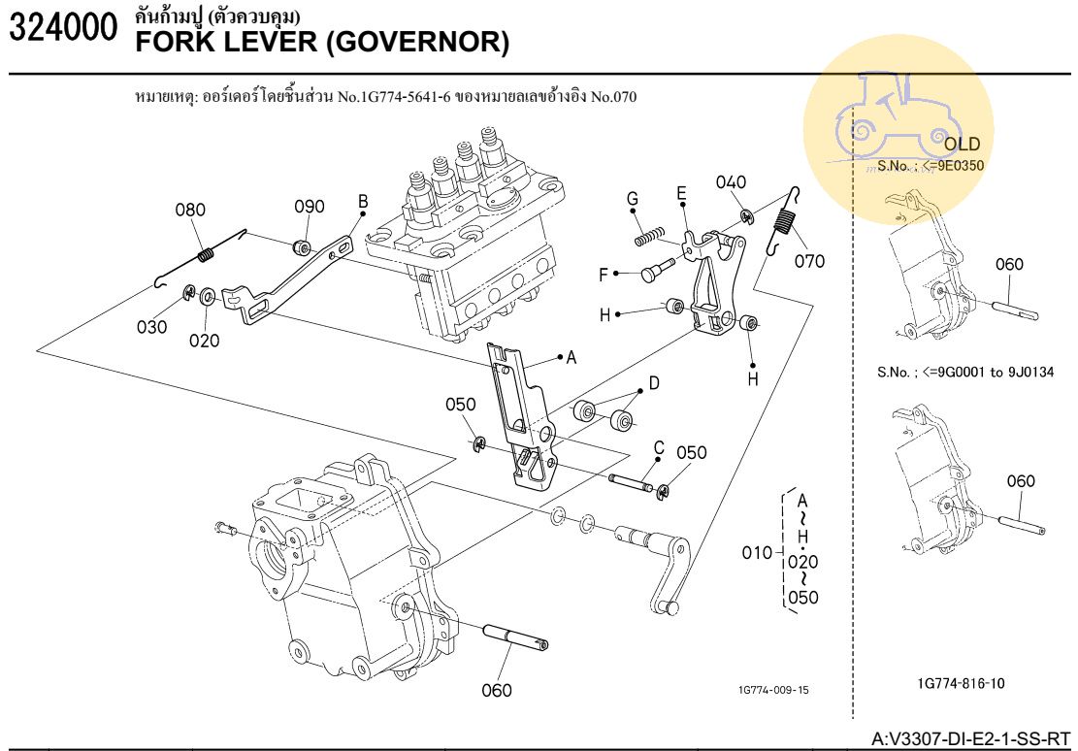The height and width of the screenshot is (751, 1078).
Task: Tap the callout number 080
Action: point(191,210)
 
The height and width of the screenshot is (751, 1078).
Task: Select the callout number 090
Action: point(310,207)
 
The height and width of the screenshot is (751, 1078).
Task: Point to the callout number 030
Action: point(151,327)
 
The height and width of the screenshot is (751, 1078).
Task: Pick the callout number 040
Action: point(732,182)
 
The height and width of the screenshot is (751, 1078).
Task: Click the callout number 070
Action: point(809,261)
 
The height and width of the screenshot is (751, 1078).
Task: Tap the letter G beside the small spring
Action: point(633,200)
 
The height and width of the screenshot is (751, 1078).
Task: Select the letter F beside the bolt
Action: point(604,275)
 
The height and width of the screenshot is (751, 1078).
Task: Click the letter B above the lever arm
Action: point(363,202)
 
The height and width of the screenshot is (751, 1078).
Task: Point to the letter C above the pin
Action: point(658,448)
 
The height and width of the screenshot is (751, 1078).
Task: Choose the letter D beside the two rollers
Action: point(654,383)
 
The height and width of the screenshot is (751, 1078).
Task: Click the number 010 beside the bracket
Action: point(757,554)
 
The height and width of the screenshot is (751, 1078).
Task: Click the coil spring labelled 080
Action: point(206,255)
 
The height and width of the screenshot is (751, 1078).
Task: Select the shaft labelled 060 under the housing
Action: point(513,638)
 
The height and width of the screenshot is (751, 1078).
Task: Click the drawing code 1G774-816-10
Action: point(961,683)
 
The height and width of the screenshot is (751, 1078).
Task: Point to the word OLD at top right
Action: point(963,145)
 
